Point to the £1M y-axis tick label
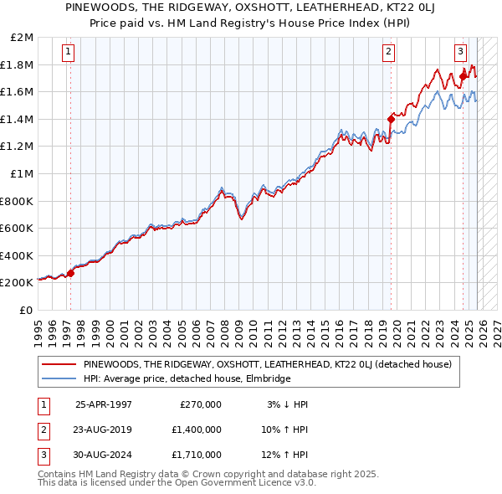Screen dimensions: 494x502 (23, 174)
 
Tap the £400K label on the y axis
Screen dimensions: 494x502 (17, 255)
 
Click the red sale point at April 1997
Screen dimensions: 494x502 (70, 273)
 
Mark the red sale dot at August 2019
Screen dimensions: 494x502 (391, 119)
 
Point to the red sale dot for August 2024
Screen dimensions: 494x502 (463, 77)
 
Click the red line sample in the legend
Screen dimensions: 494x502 (59, 364)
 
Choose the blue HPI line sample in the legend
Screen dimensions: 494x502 (59, 378)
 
